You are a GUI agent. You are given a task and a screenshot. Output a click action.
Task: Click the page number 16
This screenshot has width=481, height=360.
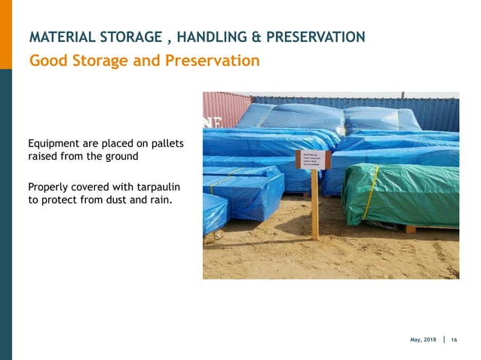(454, 340)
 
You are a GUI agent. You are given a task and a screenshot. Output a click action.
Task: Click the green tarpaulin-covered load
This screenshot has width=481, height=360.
(400, 192)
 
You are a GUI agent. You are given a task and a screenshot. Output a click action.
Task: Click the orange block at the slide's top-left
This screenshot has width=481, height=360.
(6, 34)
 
